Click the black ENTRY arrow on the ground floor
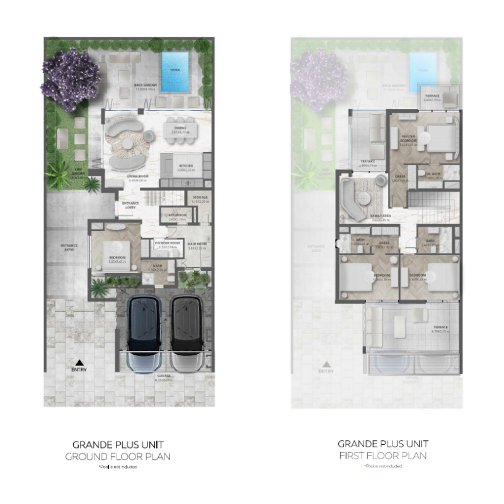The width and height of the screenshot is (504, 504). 79,363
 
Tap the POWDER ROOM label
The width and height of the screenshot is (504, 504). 168,243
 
